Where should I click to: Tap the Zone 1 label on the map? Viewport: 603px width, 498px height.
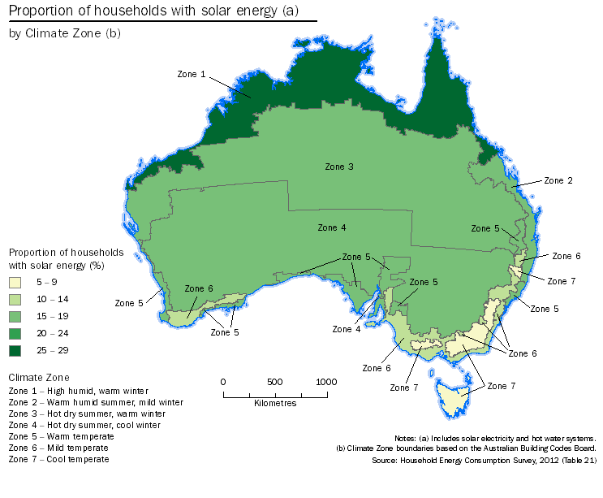point(192,74)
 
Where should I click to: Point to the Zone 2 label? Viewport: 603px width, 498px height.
point(558,180)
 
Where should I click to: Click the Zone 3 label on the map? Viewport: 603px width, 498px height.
point(339,167)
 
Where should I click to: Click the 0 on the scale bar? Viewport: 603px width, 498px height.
point(223,382)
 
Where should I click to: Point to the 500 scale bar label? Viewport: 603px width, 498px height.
point(274,382)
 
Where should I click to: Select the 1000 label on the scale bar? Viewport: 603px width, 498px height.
point(326,382)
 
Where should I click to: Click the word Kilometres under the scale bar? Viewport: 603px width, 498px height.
point(274,403)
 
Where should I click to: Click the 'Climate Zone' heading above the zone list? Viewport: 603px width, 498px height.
point(39,378)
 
